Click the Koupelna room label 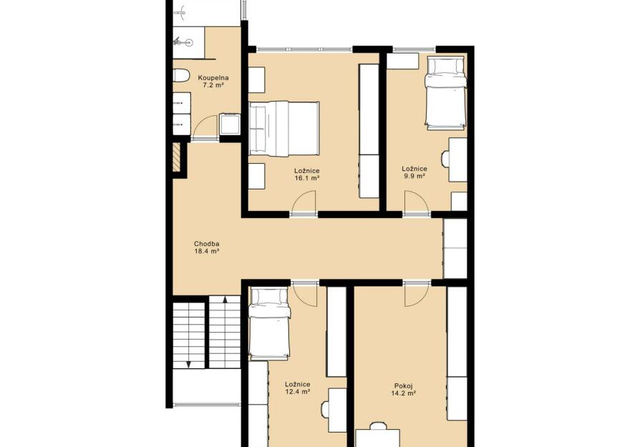[213, 77]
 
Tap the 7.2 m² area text [213, 85]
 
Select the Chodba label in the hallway [206, 244]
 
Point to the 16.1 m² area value [306, 178]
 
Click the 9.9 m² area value [414, 176]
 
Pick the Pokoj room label [404, 385]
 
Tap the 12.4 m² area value [297, 391]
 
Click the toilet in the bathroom [181, 75]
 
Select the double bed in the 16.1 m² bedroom [284, 129]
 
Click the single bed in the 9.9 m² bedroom [446, 93]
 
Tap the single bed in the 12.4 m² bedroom [270, 323]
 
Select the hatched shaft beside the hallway [176, 157]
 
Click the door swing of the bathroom [205, 127]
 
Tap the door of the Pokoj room [416, 295]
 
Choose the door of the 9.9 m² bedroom [417, 202]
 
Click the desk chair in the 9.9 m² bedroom [445, 159]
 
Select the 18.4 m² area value [207, 251]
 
